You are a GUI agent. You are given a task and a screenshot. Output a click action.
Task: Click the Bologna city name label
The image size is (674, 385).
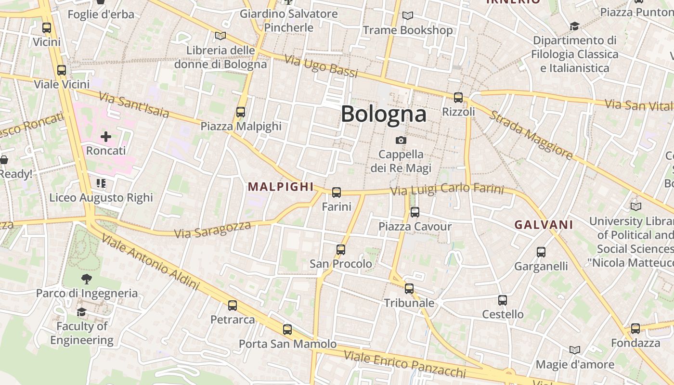(x=383, y=114)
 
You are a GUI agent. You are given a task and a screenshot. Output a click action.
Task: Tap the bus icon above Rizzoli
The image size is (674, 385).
(x=458, y=98)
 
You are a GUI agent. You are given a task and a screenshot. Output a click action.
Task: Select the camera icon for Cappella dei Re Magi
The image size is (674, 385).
(x=401, y=140)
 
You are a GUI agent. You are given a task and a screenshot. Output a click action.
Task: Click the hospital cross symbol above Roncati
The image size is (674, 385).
(x=106, y=137)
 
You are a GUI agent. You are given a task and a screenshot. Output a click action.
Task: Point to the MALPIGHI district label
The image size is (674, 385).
(x=280, y=187)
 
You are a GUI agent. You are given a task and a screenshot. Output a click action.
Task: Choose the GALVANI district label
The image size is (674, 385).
(x=544, y=225)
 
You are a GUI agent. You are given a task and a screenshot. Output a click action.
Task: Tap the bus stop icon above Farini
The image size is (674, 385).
(x=337, y=192)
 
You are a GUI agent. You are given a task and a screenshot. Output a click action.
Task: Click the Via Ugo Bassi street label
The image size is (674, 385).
(x=321, y=66)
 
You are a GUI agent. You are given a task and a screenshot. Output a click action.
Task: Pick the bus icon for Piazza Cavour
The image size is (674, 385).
(x=415, y=212)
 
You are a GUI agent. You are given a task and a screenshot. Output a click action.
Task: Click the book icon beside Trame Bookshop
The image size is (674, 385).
(x=408, y=16)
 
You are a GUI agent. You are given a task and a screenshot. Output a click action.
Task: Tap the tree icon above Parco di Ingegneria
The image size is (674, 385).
(x=87, y=279)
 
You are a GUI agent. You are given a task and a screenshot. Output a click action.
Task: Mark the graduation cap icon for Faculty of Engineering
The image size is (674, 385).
(x=81, y=312)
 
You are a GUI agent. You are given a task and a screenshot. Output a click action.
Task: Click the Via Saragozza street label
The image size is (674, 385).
(x=212, y=230)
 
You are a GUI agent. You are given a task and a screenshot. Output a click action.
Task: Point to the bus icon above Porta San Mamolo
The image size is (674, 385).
(x=287, y=330)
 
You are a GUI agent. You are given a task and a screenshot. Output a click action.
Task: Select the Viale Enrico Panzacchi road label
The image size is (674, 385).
(x=404, y=364)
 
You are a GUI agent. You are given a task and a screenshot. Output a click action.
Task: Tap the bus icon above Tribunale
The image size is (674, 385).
(x=409, y=289)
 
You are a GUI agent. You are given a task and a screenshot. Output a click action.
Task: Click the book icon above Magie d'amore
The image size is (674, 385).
(x=574, y=350)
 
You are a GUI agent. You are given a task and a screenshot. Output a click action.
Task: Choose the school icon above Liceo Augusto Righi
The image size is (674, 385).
(x=101, y=183)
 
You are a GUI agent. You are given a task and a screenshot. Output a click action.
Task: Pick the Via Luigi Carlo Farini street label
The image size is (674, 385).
(x=447, y=190)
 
